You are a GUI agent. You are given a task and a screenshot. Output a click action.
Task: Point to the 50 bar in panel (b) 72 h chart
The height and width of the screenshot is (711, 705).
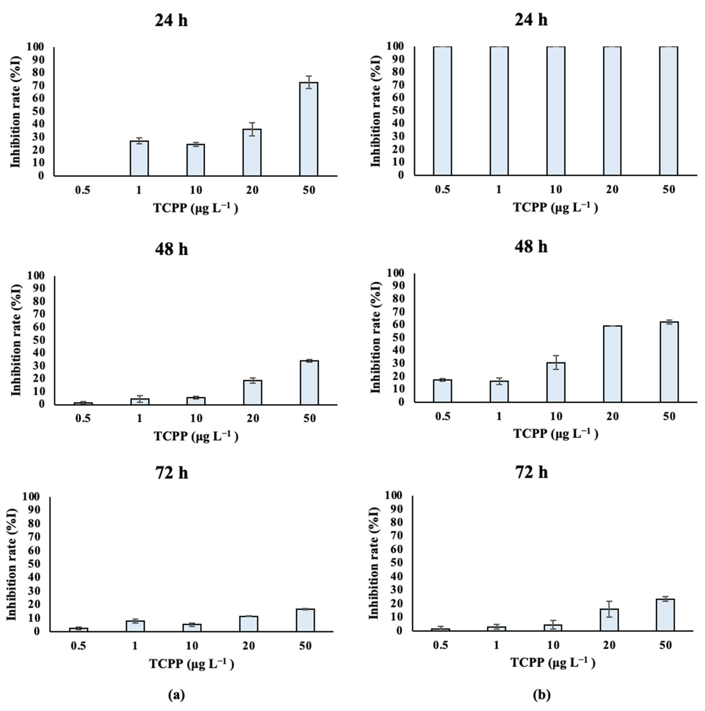point(665,615)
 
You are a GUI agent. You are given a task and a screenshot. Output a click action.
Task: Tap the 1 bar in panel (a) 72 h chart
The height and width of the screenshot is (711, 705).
point(135,626)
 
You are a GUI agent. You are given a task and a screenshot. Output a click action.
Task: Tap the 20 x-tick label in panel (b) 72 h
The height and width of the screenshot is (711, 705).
point(609,645)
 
